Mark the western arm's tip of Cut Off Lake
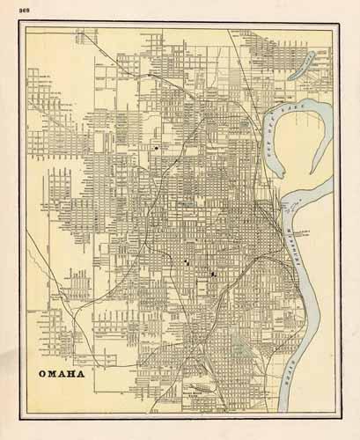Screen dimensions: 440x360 click(265, 120)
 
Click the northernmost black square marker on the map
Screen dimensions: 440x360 click(157, 149)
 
